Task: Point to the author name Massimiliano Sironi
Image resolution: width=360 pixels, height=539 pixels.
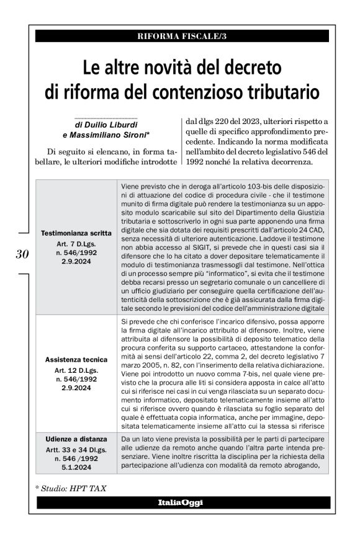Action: pos(113,135)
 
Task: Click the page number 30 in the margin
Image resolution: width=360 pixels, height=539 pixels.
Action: pos(20,254)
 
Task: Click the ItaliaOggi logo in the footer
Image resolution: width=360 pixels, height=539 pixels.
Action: pos(180,502)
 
